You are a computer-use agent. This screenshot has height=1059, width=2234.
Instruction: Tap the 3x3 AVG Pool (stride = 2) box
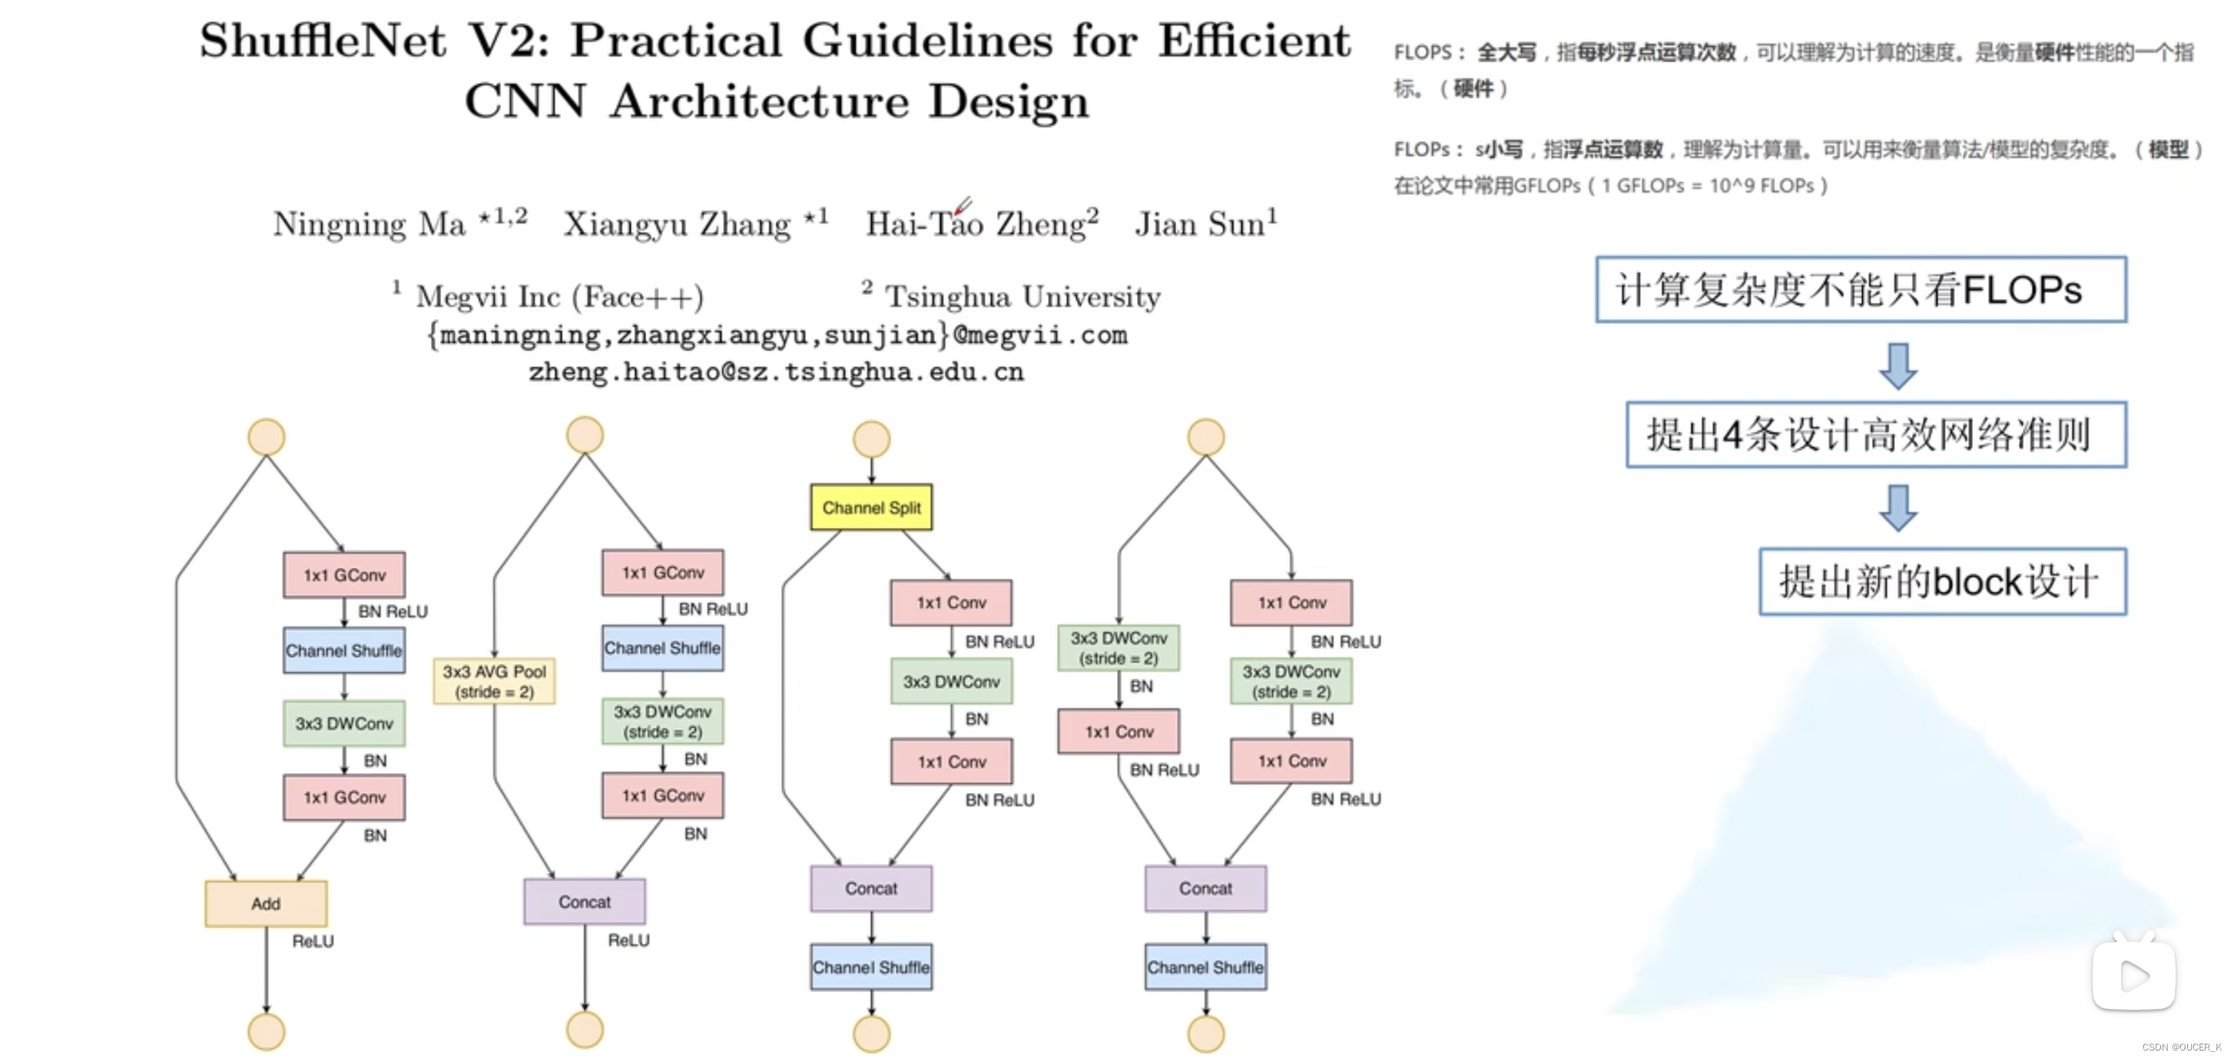[493, 682]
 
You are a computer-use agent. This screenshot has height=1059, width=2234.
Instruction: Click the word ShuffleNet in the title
[323, 41]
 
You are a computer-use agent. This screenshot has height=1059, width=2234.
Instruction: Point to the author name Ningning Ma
[370, 224]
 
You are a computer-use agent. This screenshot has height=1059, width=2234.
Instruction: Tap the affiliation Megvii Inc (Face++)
[559, 297]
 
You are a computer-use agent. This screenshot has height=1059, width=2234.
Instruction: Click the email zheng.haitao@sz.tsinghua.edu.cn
[776, 372]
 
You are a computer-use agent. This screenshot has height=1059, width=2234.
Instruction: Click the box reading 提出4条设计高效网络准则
[1876, 434]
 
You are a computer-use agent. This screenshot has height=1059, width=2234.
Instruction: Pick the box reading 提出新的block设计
[1942, 581]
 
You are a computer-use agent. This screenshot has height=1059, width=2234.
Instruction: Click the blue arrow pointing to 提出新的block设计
[1898, 507]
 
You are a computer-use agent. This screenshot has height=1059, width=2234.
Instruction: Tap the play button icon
[2133, 977]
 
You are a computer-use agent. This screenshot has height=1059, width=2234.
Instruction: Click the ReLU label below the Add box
[312, 941]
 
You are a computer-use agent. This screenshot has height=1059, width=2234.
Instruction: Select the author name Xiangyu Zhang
[678, 224]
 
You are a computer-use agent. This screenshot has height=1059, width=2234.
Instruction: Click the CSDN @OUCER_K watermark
[2181, 1047]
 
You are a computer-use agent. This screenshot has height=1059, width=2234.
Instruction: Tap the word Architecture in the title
[760, 101]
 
